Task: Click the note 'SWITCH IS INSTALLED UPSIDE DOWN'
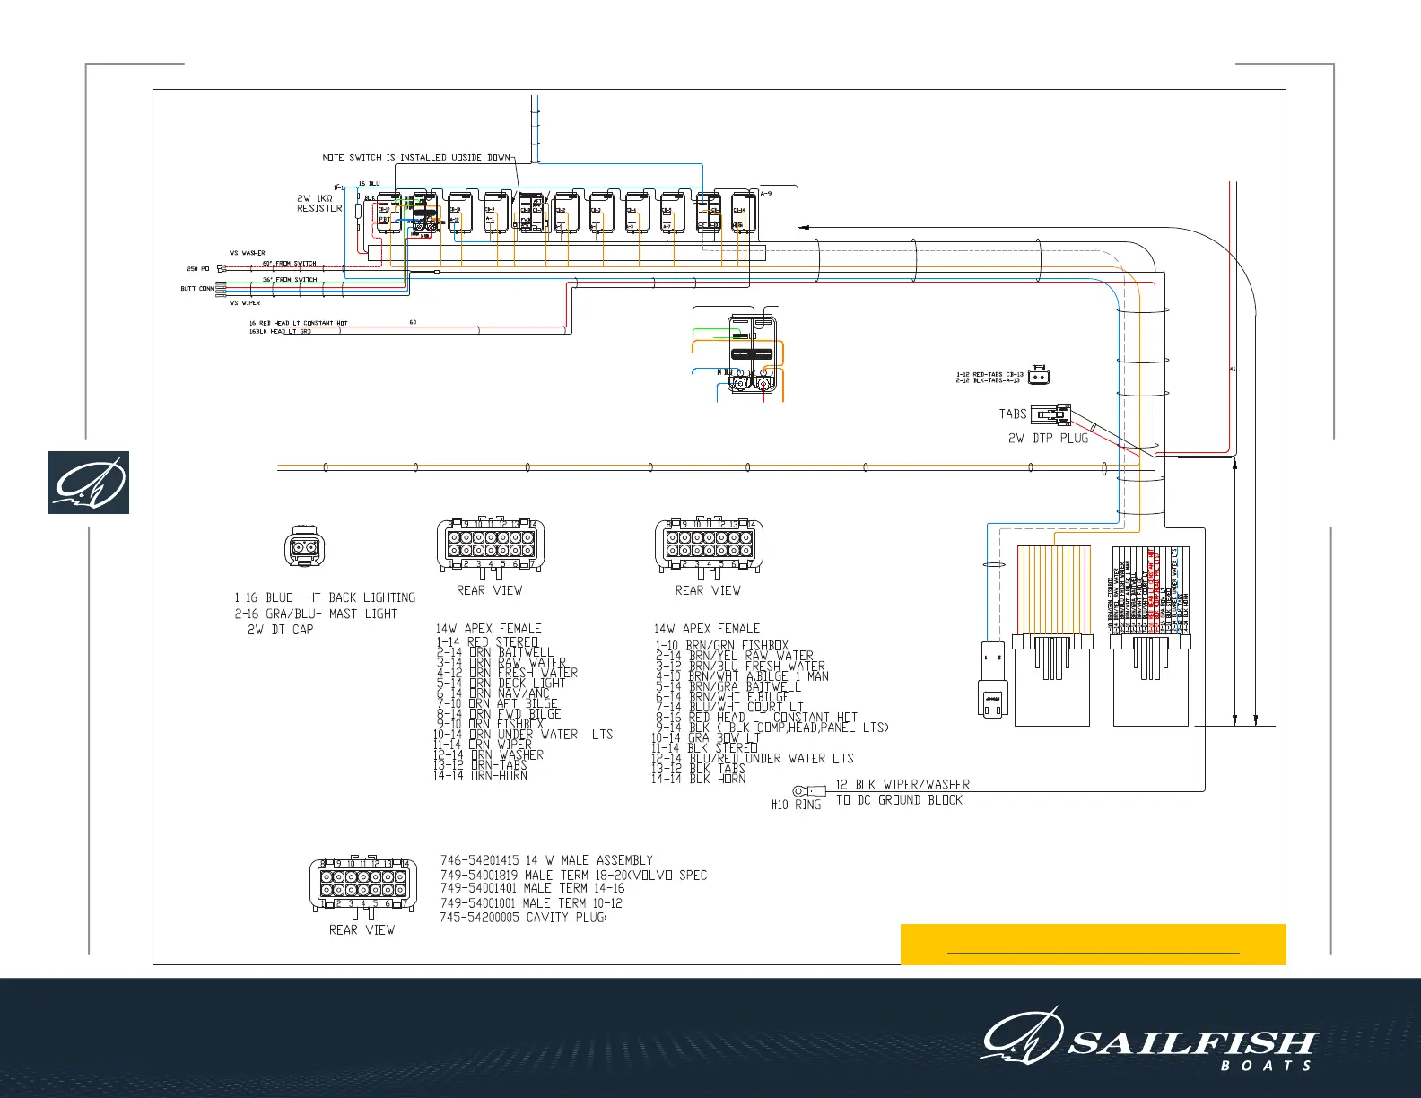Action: click(417, 158)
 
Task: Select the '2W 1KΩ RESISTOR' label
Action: click(319, 204)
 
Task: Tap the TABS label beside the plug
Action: click(1013, 414)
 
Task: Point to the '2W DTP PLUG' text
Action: click(1048, 439)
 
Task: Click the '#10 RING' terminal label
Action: click(796, 805)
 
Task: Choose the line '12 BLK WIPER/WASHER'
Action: click(902, 784)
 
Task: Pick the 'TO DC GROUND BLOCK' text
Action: click(899, 800)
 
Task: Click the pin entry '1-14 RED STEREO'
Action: click(487, 642)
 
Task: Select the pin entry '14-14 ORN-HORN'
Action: click(480, 775)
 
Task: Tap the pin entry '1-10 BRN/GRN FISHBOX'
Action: click(721, 645)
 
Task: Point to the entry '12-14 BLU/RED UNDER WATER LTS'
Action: click(752, 758)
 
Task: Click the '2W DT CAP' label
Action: click(281, 630)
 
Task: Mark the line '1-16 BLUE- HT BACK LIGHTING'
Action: click(325, 597)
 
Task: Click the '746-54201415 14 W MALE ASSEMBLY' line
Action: click(546, 860)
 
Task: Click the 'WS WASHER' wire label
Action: click(247, 254)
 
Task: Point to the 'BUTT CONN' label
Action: click(197, 289)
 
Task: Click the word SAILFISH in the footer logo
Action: click(1192, 1043)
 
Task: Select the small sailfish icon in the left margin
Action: click(89, 483)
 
